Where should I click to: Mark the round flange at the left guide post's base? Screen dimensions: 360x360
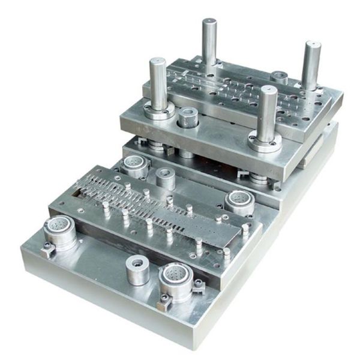coord(159,110)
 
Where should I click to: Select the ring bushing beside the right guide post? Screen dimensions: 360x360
coord(280,76)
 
